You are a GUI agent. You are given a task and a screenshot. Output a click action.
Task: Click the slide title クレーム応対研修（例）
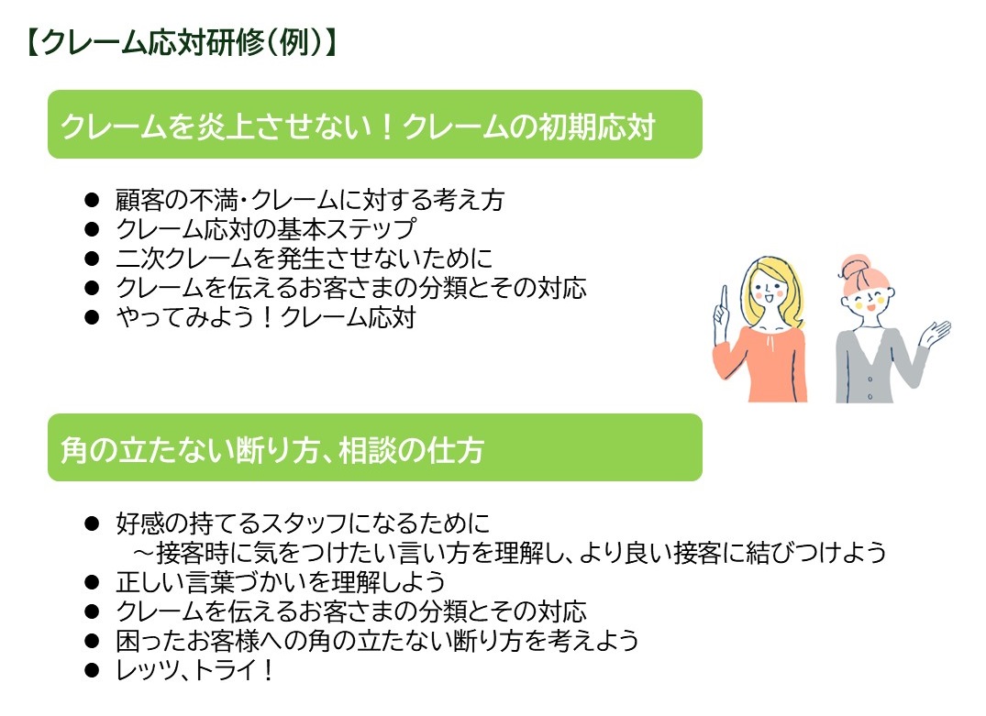coord(183,43)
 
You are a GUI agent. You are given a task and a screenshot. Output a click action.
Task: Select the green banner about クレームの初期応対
coord(375,125)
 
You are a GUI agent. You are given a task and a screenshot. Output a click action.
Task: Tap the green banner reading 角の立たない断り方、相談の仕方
coord(375,447)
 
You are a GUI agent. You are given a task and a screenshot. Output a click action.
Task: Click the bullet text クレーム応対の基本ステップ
coord(265,229)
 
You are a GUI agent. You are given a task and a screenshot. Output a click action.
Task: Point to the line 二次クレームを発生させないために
coord(304,259)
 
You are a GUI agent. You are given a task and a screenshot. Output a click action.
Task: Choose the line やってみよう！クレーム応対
coord(265,317)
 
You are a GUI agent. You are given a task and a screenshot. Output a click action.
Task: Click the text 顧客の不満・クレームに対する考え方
coord(310,200)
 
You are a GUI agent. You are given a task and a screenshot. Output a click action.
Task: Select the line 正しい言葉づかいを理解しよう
coord(281,582)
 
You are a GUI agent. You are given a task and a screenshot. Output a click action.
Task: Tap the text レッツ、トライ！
coord(195,670)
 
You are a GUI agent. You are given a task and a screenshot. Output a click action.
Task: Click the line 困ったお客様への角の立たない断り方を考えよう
coord(377,641)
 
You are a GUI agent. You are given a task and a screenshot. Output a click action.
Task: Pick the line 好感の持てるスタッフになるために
coord(303,523)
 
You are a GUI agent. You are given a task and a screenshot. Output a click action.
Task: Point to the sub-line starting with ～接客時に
coord(509,553)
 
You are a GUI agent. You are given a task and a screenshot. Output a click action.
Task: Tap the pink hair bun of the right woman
coord(856,265)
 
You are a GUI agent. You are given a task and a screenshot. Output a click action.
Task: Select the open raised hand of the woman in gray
coord(937,333)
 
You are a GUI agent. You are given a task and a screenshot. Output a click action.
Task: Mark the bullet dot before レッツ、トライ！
coord(92,670)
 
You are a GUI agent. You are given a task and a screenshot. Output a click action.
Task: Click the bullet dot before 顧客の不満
coord(92,200)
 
